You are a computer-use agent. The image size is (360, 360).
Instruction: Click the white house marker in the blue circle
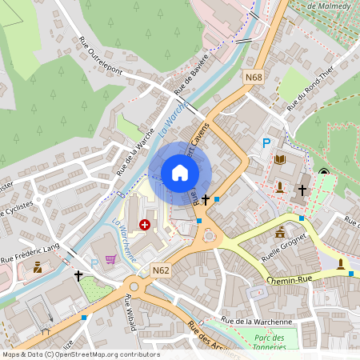180,173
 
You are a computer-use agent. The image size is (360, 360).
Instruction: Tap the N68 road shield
254,77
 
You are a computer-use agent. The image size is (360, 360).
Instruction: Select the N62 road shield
160,270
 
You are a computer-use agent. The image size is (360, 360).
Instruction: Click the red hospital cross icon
145,226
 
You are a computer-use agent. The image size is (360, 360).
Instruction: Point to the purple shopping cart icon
110,258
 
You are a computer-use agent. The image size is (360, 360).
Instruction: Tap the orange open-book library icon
279,160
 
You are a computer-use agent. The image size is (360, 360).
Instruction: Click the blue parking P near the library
266,143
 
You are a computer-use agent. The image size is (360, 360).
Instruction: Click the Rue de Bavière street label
192,72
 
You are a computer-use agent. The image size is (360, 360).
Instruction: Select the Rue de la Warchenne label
258,322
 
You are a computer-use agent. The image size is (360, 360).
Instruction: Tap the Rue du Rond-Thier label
310,86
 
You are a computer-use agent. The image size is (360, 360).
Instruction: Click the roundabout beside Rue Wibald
134,286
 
